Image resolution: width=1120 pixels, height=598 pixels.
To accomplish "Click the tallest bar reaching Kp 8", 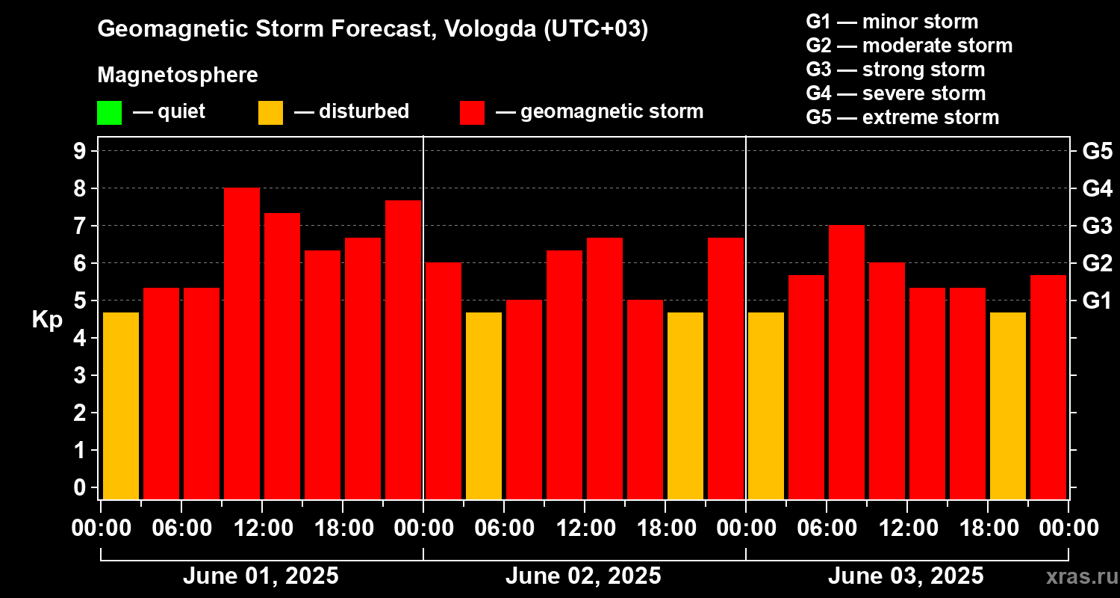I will click(242, 344).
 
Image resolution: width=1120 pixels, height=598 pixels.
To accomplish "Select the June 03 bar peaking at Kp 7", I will click(847, 363).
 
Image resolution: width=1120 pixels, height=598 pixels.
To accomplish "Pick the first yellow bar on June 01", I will click(121, 406).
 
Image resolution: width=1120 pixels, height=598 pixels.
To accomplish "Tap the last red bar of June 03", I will click(1048, 387).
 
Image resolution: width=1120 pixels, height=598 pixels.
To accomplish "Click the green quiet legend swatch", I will click(109, 112).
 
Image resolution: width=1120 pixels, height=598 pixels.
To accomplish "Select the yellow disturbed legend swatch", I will click(270, 112).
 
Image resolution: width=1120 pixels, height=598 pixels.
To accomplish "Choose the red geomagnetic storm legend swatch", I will click(473, 112).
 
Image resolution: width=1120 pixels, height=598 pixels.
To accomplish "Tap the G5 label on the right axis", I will click(1097, 152).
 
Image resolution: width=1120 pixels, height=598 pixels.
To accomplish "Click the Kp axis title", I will click(47, 320).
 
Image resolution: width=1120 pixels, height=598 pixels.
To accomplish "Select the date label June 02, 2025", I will click(583, 576).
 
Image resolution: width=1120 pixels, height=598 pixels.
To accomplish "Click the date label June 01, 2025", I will click(261, 576).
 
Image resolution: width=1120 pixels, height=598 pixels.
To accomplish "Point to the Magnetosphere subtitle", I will click(178, 75).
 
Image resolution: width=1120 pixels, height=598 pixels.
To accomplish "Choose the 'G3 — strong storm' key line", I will click(895, 70).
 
